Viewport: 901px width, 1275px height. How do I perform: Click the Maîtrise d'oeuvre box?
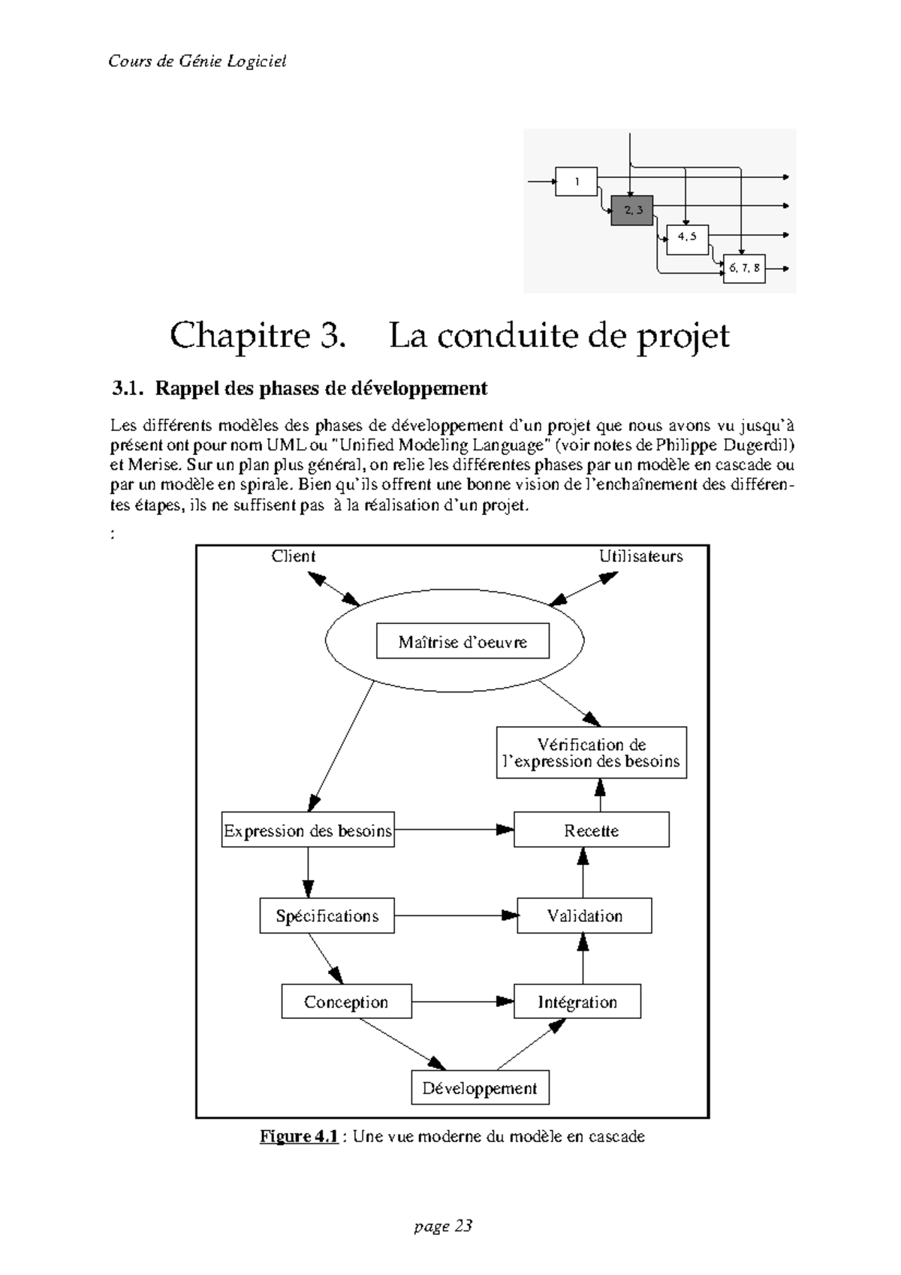coord(462,642)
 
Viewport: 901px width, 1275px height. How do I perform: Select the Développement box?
coord(480,1088)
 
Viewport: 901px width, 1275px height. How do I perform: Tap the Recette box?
coord(591,830)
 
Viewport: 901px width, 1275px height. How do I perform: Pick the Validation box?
coord(584,916)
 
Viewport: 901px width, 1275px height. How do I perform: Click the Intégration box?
coord(577,1002)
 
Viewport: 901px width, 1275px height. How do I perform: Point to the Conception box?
coord(346,1002)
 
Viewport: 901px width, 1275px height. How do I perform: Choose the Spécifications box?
coord(327,916)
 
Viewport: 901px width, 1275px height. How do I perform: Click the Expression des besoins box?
coord(308,830)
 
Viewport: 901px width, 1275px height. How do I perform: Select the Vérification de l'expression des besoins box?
coord(591,753)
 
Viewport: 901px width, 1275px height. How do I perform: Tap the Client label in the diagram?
coord(293,556)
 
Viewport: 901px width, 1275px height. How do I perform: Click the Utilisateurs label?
coord(640,556)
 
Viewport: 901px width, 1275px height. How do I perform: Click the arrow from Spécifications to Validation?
coord(455,915)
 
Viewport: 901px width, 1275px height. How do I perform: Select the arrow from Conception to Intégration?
coord(462,1001)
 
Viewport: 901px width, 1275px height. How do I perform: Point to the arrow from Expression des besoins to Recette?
coord(454,830)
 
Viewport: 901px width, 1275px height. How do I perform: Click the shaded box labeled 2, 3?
coord(631,210)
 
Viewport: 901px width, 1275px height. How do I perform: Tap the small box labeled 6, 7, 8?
coord(743,268)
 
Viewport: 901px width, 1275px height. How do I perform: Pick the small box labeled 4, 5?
coord(687,237)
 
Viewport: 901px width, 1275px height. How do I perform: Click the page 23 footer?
coord(443,1226)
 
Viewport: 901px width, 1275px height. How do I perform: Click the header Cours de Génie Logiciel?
coord(197,62)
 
